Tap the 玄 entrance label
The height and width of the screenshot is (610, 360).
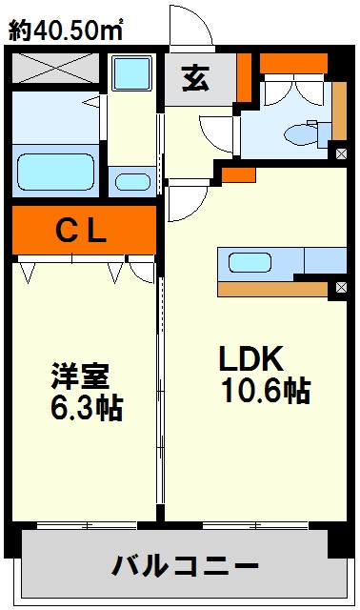(x=194, y=80)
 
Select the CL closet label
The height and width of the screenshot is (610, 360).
(x=84, y=229)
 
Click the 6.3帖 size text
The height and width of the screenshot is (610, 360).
(x=87, y=408)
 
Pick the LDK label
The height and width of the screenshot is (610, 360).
(x=250, y=359)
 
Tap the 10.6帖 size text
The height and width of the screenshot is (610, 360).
(x=266, y=391)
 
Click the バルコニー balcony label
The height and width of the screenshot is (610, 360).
(x=185, y=566)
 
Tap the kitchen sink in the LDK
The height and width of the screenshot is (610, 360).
(x=250, y=261)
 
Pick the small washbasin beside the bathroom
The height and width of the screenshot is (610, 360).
(x=131, y=179)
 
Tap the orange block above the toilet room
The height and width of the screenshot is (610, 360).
(x=293, y=64)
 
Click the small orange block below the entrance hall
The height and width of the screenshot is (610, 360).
(x=239, y=174)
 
